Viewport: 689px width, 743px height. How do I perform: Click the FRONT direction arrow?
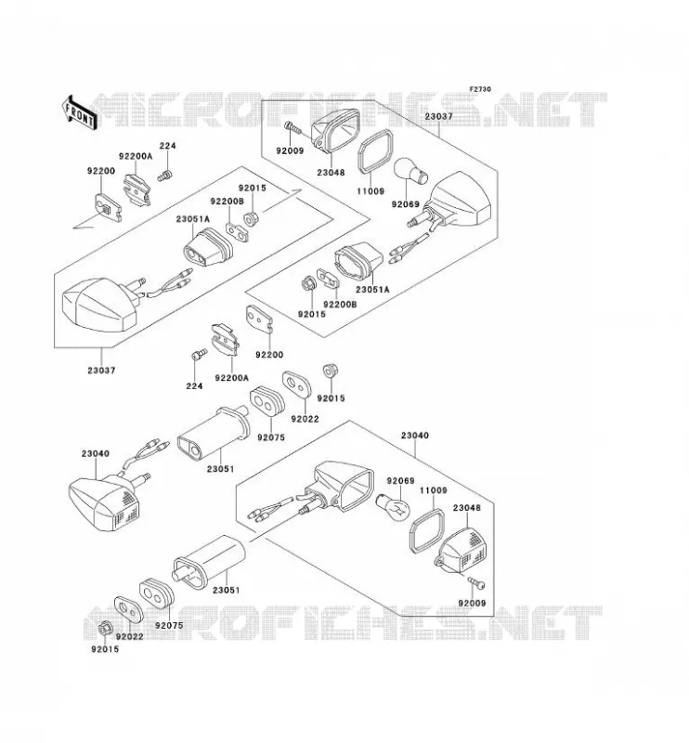coord(80,112)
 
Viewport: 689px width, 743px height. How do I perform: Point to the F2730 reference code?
coord(480,89)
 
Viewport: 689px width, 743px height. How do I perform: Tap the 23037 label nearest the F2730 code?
coord(438,116)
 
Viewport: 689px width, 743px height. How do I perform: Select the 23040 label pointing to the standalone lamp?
coord(96,453)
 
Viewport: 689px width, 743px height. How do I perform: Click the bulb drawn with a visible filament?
coord(394,506)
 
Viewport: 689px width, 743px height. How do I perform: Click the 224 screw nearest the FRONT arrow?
coord(164,176)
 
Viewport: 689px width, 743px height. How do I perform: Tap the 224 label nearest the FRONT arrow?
coord(167,146)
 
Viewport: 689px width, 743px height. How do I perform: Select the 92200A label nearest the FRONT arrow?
coord(136,156)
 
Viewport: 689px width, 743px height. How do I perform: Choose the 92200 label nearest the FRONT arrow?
coord(101,171)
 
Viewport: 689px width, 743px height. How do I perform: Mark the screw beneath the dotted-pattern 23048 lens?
coord(475,583)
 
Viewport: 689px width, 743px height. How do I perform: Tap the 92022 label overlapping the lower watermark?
coord(129,637)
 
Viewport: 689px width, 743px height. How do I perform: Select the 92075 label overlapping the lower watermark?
coord(169,625)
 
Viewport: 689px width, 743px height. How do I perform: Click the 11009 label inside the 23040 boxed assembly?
coord(433,490)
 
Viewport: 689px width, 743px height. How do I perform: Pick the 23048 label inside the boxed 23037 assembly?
coord(331,173)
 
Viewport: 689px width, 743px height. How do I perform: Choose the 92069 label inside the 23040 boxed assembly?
coord(400,481)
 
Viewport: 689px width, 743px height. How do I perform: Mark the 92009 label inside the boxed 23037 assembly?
coord(290,151)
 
